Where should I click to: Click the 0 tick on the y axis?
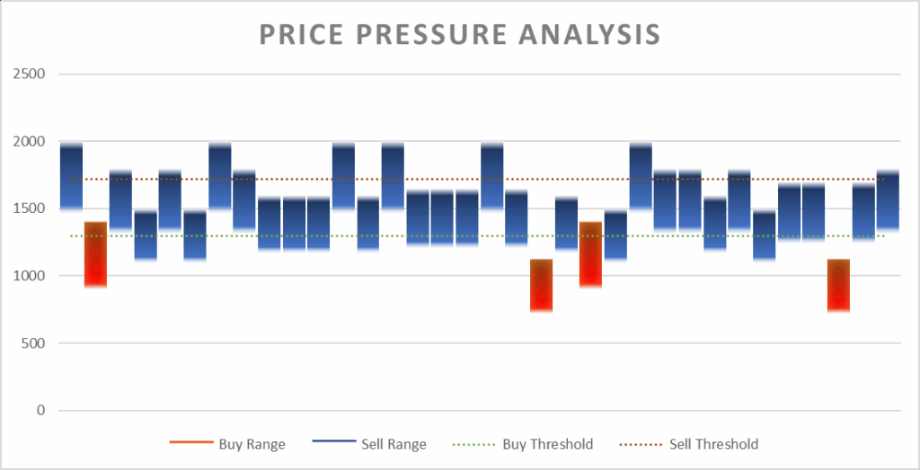[x=40, y=411]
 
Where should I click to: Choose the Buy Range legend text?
[x=252, y=444]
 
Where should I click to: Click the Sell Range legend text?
[x=394, y=444]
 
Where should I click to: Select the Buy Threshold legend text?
[x=548, y=444]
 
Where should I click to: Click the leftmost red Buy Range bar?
[x=95, y=254]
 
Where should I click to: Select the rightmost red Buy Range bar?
[x=838, y=285]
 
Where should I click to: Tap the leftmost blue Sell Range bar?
[x=71, y=175]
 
